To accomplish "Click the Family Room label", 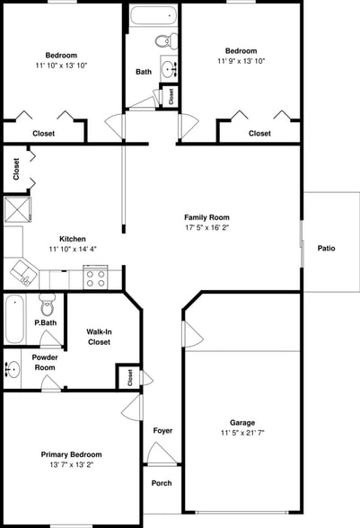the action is click(206, 217).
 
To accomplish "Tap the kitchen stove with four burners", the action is click(96, 277).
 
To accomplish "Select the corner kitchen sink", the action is click(24, 273).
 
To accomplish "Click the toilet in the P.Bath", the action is click(48, 304).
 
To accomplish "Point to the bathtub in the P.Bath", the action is click(15, 319).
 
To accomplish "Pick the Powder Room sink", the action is click(13, 369).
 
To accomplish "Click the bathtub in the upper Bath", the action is click(154, 16).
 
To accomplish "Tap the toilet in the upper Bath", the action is click(166, 41).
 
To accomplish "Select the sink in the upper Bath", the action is click(169, 68).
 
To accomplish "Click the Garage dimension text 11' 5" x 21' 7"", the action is click(242, 433).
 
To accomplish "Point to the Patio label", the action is click(326, 248).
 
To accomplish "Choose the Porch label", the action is click(162, 483).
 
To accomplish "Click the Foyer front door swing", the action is click(162, 453).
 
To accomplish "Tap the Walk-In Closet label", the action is click(99, 337).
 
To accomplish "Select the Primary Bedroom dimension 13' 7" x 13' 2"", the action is click(72, 465).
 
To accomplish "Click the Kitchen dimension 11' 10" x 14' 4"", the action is click(73, 249).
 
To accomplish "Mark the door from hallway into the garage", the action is click(193, 334).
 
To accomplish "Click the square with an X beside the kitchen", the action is click(18, 210).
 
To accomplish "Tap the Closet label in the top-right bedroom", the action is click(259, 133).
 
